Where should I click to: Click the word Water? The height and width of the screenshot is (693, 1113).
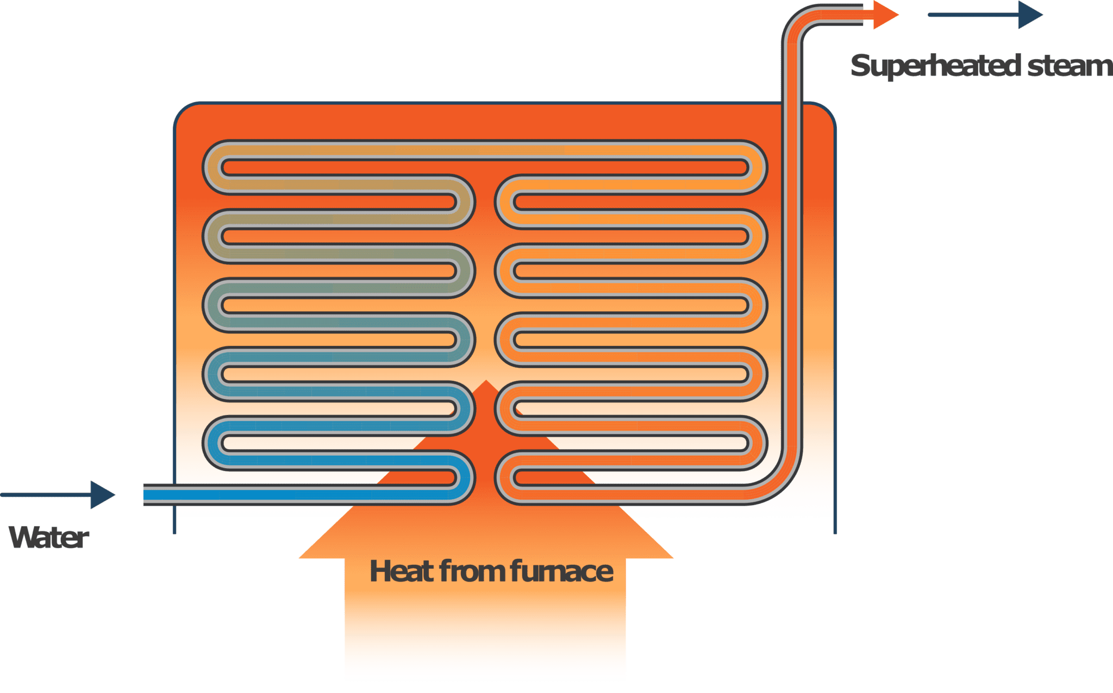pos(49,538)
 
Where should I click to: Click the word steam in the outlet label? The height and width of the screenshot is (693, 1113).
pos(1068,66)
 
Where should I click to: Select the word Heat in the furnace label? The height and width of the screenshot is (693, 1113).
pos(401,571)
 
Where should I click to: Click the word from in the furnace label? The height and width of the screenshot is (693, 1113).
pos(473,571)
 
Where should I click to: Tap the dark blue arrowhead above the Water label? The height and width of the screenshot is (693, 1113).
pos(102,495)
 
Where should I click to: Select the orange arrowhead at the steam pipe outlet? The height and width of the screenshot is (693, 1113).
pos(884,15)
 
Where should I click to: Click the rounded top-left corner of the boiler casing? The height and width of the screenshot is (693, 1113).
pos(183,111)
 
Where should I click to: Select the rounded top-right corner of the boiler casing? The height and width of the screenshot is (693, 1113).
pos(826,111)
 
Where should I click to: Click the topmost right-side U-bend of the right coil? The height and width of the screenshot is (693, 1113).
pos(758,167)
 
